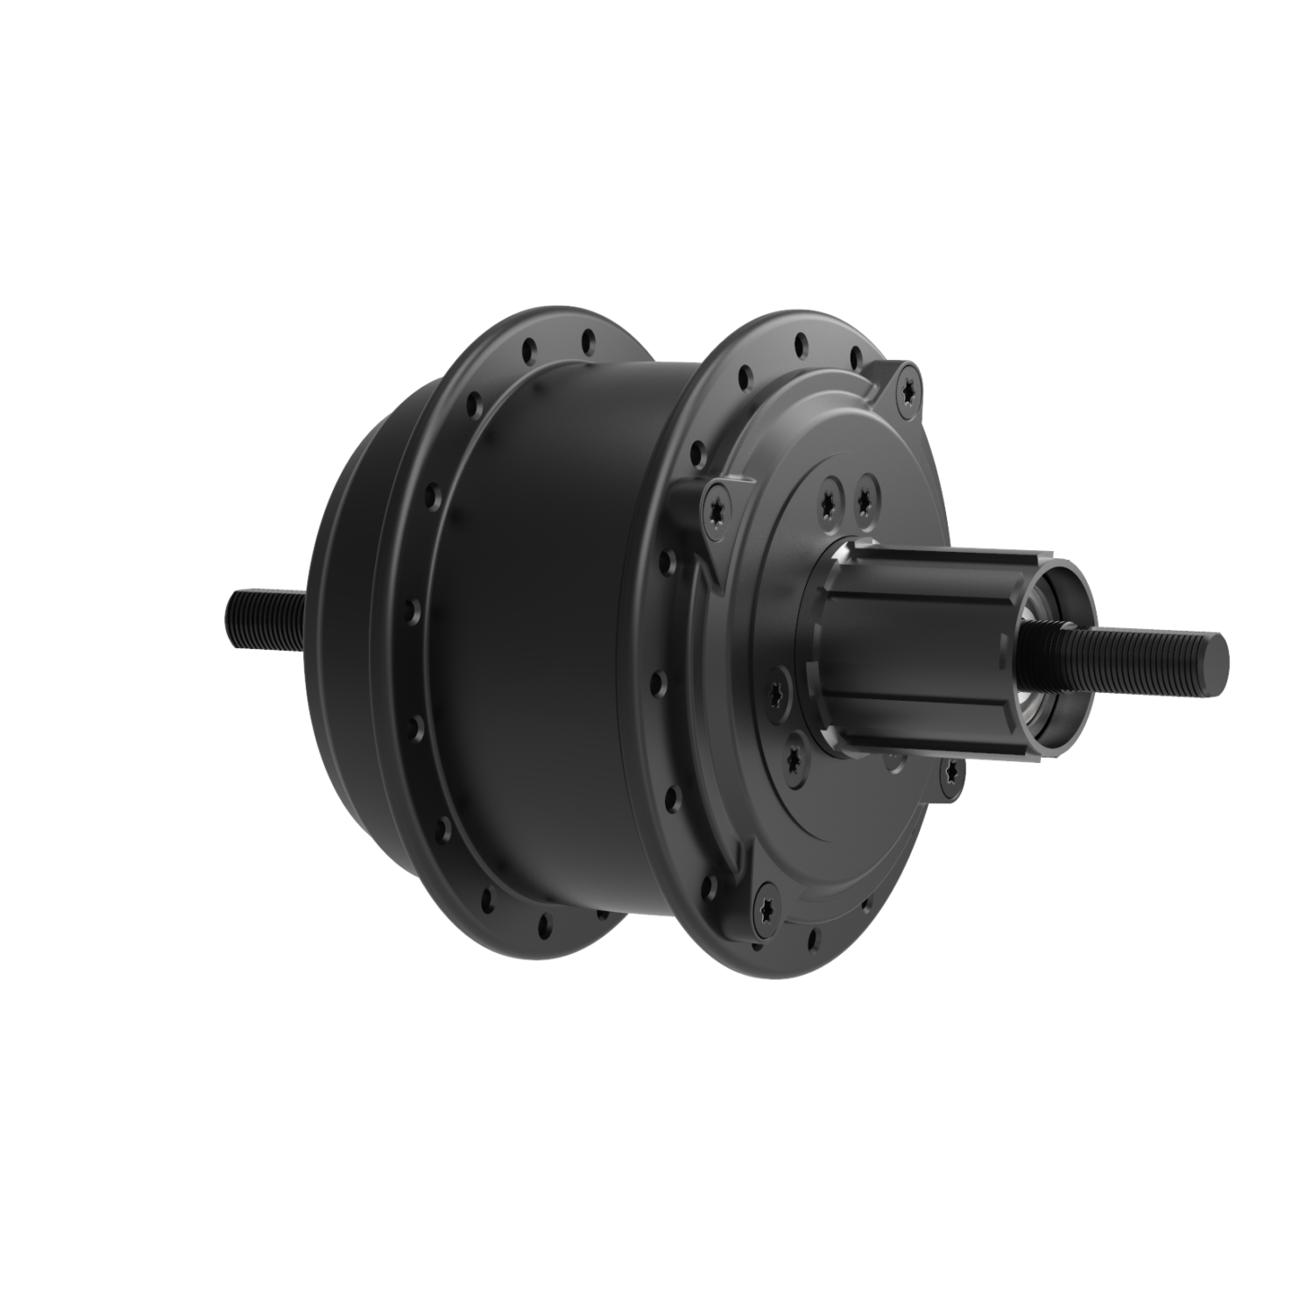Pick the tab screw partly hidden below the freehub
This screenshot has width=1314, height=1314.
point(950,770)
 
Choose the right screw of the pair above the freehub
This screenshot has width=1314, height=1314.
point(866,497)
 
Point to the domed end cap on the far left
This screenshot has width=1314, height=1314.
point(350,631)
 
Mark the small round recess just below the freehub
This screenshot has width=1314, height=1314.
point(892,761)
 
